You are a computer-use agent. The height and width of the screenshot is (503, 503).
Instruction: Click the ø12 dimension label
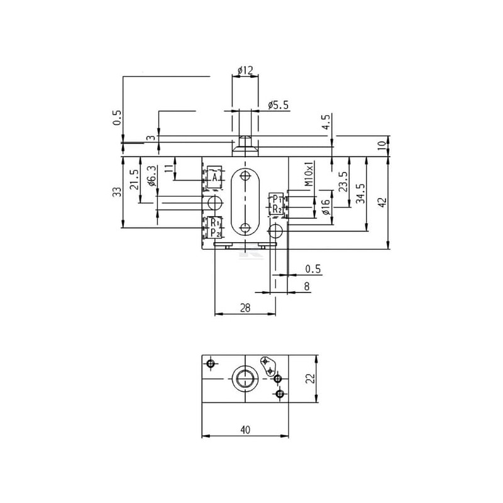point(245,70)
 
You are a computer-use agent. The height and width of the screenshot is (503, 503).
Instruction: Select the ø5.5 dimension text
point(278,105)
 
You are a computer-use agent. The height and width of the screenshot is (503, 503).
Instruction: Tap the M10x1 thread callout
point(308,174)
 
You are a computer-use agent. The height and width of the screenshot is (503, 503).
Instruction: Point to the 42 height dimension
point(383,202)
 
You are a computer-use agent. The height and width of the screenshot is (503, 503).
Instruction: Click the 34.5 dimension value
point(360,194)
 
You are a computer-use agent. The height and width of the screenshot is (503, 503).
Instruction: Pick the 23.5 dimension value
point(343,182)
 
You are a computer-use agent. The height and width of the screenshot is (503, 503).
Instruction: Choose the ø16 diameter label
point(325,207)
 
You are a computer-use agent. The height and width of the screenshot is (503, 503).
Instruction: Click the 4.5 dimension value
point(326,122)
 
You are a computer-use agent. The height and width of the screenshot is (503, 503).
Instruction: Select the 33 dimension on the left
point(118,192)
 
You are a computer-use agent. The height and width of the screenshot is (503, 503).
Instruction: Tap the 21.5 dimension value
point(135,180)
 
